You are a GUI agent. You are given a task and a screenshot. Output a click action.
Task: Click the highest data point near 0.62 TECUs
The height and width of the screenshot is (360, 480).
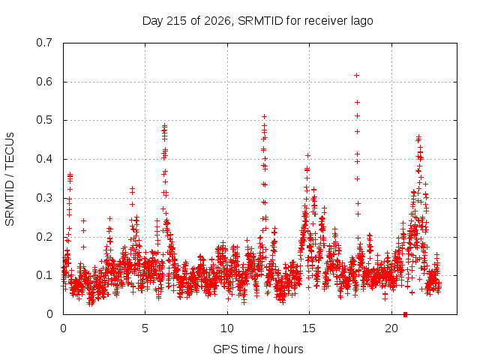coord(356,75)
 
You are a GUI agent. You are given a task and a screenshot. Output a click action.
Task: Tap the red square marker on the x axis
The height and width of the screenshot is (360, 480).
coord(405,314)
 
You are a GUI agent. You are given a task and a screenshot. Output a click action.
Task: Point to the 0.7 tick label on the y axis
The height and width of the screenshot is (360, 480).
coord(44,43)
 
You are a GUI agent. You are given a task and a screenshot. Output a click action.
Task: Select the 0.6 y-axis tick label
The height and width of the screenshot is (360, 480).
coord(44,82)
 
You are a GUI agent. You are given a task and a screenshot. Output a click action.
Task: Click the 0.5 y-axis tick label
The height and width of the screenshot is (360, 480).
coord(44,120)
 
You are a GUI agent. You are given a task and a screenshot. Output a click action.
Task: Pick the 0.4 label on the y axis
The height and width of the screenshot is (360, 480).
coord(44,159)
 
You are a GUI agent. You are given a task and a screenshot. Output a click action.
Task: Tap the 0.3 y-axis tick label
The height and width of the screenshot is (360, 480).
coord(44,198)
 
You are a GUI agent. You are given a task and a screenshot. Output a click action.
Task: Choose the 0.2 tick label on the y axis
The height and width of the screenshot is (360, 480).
coord(44,237)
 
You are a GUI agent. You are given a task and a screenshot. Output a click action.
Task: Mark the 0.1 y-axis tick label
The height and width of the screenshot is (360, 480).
coord(44,275)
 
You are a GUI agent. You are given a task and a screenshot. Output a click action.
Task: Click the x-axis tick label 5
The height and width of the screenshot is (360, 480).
coord(145,328)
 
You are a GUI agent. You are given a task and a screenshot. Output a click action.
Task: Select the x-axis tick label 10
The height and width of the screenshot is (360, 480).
coord(227,328)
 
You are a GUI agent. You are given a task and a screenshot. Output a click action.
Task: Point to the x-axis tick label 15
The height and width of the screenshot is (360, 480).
coord(309,328)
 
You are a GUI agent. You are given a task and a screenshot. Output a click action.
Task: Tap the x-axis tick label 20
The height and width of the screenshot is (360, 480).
coord(391,328)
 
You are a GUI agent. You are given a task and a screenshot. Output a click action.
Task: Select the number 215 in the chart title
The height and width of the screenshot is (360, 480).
coord(176,21)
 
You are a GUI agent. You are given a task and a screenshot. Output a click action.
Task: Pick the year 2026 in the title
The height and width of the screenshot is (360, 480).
coord(217,21)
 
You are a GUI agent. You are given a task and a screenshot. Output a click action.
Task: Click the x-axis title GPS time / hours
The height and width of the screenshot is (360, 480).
coord(258,349)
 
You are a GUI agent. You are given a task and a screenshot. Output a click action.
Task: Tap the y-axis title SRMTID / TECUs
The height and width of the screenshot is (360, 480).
coord(10,179)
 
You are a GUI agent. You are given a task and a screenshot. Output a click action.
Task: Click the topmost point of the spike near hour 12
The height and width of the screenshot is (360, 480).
coord(264,117)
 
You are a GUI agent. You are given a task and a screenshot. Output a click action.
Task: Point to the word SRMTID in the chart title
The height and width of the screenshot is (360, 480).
coord(260,21)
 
